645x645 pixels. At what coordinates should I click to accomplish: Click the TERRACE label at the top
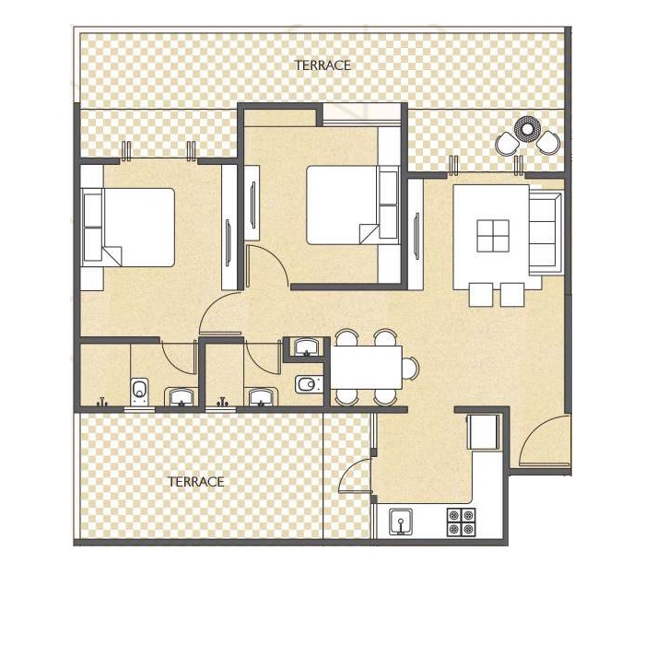pyautogui.click(x=322, y=65)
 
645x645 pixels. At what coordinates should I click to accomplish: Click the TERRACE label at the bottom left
pyautogui.click(x=195, y=482)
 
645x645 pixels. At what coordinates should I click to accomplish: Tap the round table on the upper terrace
pyautogui.click(x=527, y=128)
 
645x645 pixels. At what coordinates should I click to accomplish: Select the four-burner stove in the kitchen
pyautogui.click(x=459, y=522)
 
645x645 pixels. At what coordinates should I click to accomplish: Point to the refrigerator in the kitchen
pyautogui.click(x=483, y=431)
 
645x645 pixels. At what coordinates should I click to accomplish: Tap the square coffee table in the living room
pyautogui.click(x=493, y=236)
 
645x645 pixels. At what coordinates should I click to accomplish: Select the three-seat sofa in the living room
pyautogui.click(x=545, y=232)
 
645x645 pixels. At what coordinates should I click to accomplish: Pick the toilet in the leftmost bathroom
pyautogui.click(x=139, y=391)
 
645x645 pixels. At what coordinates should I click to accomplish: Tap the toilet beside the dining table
pyautogui.click(x=306, y=383)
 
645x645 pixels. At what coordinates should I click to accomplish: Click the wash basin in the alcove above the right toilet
pyautogui.click(x=305, y=347)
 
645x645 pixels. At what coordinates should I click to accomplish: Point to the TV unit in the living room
pyautogui.click(x=416, y=226)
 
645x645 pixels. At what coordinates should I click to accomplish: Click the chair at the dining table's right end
pyautogui.click(x=410, y=368)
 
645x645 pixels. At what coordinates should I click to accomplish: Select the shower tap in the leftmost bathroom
pyautogui.click(x=103, y=402)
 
